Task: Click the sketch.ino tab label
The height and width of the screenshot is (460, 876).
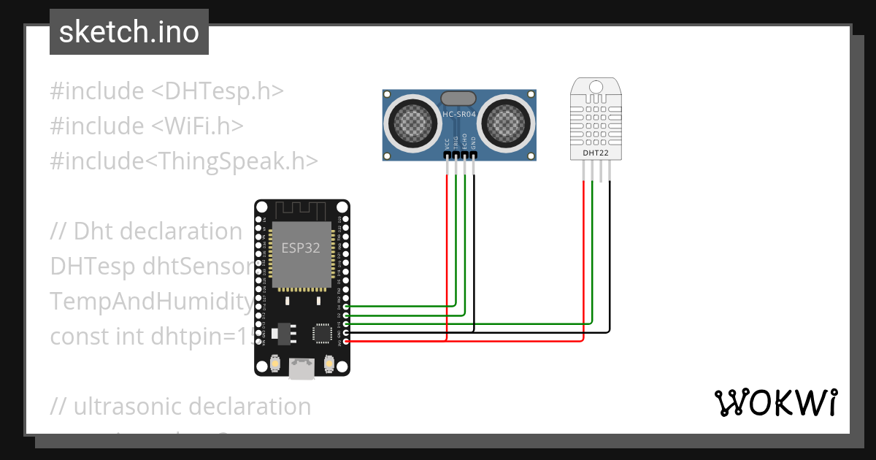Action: (128, 32)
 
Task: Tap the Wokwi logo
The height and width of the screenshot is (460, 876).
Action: (775, 402)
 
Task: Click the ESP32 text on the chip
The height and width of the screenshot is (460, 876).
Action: (301, 248)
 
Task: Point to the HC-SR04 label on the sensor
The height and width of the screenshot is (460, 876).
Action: (459, 115)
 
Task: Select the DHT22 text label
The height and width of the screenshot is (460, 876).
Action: (596, 153)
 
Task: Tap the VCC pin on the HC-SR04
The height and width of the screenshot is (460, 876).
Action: (447, 157)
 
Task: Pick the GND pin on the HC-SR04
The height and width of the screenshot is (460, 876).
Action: (473, 157)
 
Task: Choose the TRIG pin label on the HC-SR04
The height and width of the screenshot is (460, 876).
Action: (456, 142)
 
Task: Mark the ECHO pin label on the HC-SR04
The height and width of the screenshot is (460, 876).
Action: (464, 142)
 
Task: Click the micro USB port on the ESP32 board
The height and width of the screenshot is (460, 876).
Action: (301, 369)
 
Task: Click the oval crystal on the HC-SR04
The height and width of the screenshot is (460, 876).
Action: (459, 98)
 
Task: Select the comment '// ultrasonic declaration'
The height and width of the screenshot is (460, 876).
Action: (180, 406)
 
